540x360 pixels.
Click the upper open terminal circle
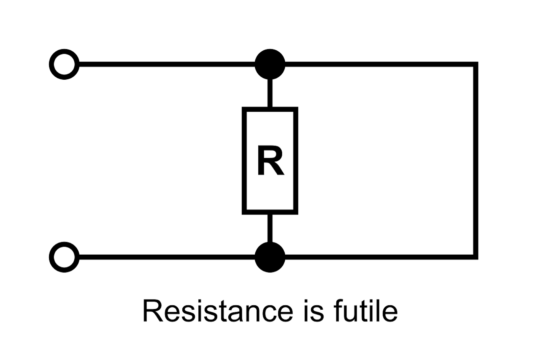click(x=64, y=64)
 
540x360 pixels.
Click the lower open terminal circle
click(x=64, y=257)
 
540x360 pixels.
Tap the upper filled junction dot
click(x=270, y=64)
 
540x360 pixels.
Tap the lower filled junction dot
click(x=270, y=257)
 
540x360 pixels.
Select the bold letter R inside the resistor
click(x=270, y=161)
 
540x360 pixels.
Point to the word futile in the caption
click(x=365, y=311)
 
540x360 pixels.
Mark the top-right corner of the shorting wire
click(x=475, y=65)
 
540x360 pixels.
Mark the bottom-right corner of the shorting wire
click(x=475, y=257)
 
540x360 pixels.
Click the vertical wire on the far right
click(x=475, y=161)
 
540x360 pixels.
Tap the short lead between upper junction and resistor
click(x=270, y=93)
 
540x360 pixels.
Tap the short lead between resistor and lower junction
click(x=270, y=228)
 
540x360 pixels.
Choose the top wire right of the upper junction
click(x=378, y=64)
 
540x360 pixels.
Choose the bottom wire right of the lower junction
click(x=378, y=257)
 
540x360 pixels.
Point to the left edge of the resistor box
click(x=245, y=161)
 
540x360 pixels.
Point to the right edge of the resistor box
click(x=296, y=161)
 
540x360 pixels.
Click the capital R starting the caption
click(x=153, y=311)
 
